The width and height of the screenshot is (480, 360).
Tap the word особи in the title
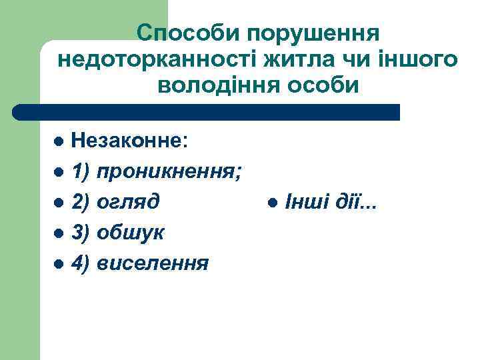325,86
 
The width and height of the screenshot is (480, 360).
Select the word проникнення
169,172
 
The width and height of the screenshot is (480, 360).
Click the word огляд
128,202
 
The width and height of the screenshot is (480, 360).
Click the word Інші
304,201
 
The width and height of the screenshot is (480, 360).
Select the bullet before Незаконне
59,141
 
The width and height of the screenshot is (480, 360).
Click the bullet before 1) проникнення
59,172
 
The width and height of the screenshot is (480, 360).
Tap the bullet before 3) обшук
59,233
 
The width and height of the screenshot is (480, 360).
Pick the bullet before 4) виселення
59,264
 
